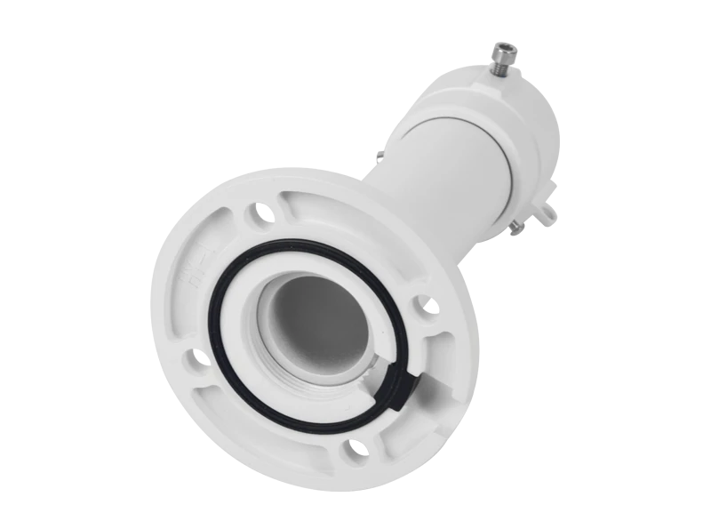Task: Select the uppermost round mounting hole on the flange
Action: click(259, 213)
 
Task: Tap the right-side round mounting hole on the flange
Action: click(425, 307)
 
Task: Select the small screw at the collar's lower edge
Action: click(515, 232)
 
